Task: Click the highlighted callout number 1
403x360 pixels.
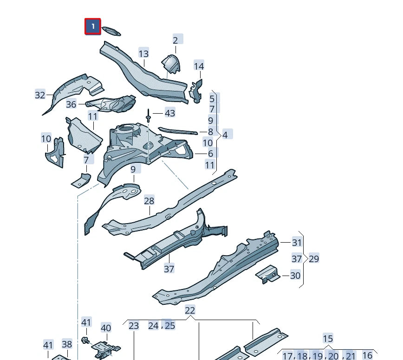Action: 93,26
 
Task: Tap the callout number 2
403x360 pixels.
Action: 175,40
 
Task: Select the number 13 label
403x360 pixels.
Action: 143,53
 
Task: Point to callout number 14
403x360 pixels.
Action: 199,66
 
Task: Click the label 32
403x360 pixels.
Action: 40,95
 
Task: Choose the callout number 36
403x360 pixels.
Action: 71,104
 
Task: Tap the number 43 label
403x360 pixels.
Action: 170,113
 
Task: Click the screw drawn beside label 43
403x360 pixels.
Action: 148,115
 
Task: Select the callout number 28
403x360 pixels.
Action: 149,201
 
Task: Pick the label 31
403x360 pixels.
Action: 297,242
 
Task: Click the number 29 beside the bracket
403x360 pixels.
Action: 314,258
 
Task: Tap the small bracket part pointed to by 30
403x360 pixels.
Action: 268,275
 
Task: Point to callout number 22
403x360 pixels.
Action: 190,310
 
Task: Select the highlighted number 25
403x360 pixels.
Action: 170,325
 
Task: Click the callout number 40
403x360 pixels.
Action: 106,328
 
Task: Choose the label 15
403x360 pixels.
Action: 328,339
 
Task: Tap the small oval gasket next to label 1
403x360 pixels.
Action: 111,32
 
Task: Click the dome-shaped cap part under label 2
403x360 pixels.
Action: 170,63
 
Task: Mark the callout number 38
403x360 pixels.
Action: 67,344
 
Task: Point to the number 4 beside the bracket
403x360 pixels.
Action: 225,135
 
